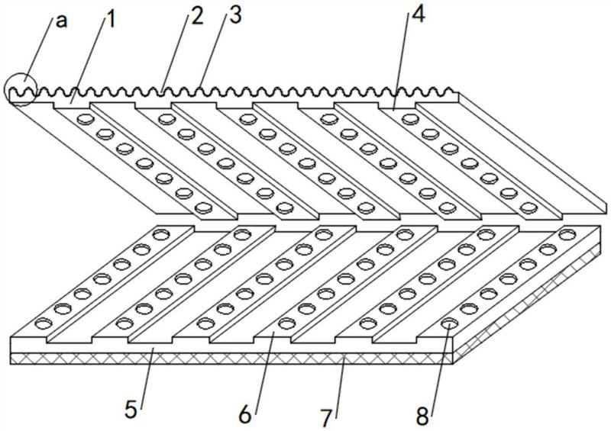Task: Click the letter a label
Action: [61, 21]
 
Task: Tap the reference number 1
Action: [112, 19]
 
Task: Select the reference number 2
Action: [198, 16]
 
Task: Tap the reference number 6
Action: [244, 414]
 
